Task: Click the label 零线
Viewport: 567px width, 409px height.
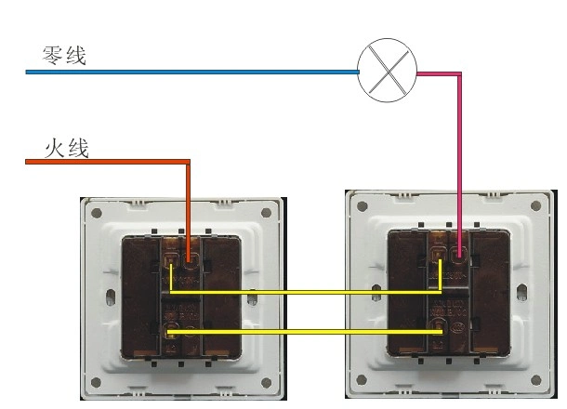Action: (x=64, y=56)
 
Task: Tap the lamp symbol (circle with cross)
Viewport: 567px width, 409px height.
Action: (x=388, y=71)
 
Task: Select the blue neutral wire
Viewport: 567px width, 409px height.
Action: (x=186, y=71)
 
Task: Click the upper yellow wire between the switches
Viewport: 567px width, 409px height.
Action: (x=307, y=292)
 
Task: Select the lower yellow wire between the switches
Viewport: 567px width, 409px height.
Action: (x=307, y=331)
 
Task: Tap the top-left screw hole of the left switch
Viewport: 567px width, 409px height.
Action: (x=95, y=212)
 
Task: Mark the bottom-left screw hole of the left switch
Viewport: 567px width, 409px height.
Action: (x=95, y=382)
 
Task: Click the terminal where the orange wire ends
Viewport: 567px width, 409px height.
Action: (x=190, y=257)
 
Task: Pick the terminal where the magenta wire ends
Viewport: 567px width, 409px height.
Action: (x=459, y=251)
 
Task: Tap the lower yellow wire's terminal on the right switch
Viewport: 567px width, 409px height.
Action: (x=440, y=329)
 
